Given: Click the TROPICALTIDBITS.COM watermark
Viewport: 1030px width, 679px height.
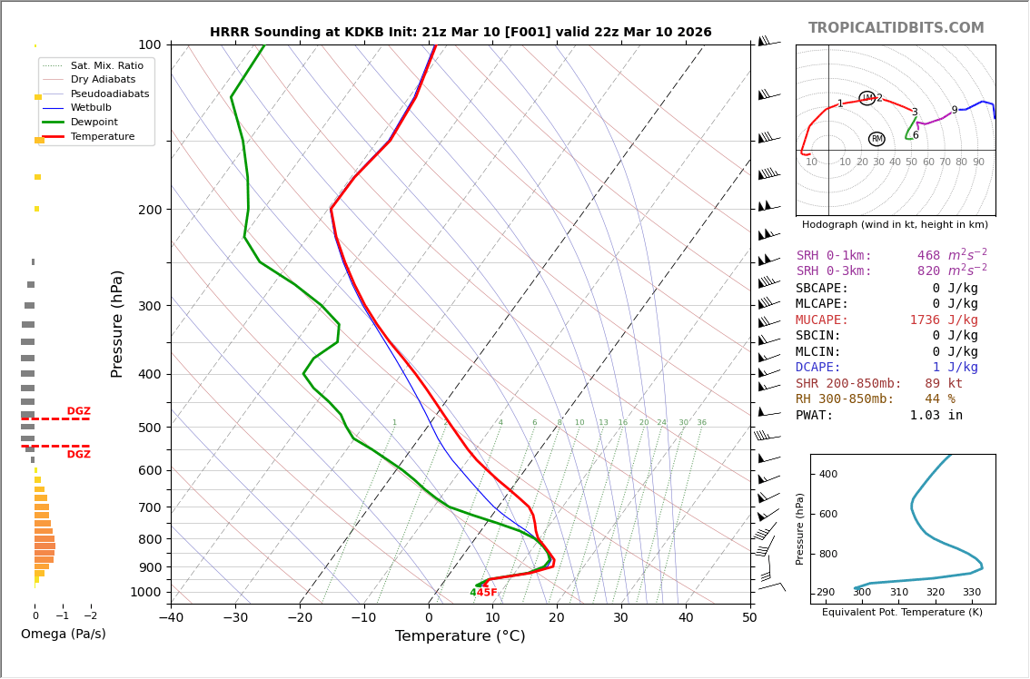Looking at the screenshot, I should (x=896, y=28).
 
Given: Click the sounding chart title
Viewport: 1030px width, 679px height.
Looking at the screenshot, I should (x=461, y=33).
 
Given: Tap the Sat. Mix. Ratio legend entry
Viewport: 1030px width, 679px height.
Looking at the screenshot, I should (x=106, y=66).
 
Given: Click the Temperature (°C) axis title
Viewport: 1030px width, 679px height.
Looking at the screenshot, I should (x=460, y=637).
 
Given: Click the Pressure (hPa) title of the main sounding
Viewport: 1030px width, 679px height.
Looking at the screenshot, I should (x=118, y=323).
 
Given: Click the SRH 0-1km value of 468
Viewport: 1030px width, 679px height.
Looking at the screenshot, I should (x=928, y=256).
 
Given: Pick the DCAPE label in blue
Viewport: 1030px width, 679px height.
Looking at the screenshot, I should (x=818, y=368).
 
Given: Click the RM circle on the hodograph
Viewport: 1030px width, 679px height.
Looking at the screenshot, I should (x=876, y=139).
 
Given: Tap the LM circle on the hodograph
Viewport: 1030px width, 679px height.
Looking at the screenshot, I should (x=867, y=98).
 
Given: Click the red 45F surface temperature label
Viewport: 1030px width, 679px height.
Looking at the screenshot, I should (x=488, y=593).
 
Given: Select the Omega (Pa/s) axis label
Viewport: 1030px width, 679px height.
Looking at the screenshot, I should (x=64, y=635).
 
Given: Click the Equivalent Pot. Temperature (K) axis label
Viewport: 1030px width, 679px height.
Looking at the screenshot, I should (x=902, y=613).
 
